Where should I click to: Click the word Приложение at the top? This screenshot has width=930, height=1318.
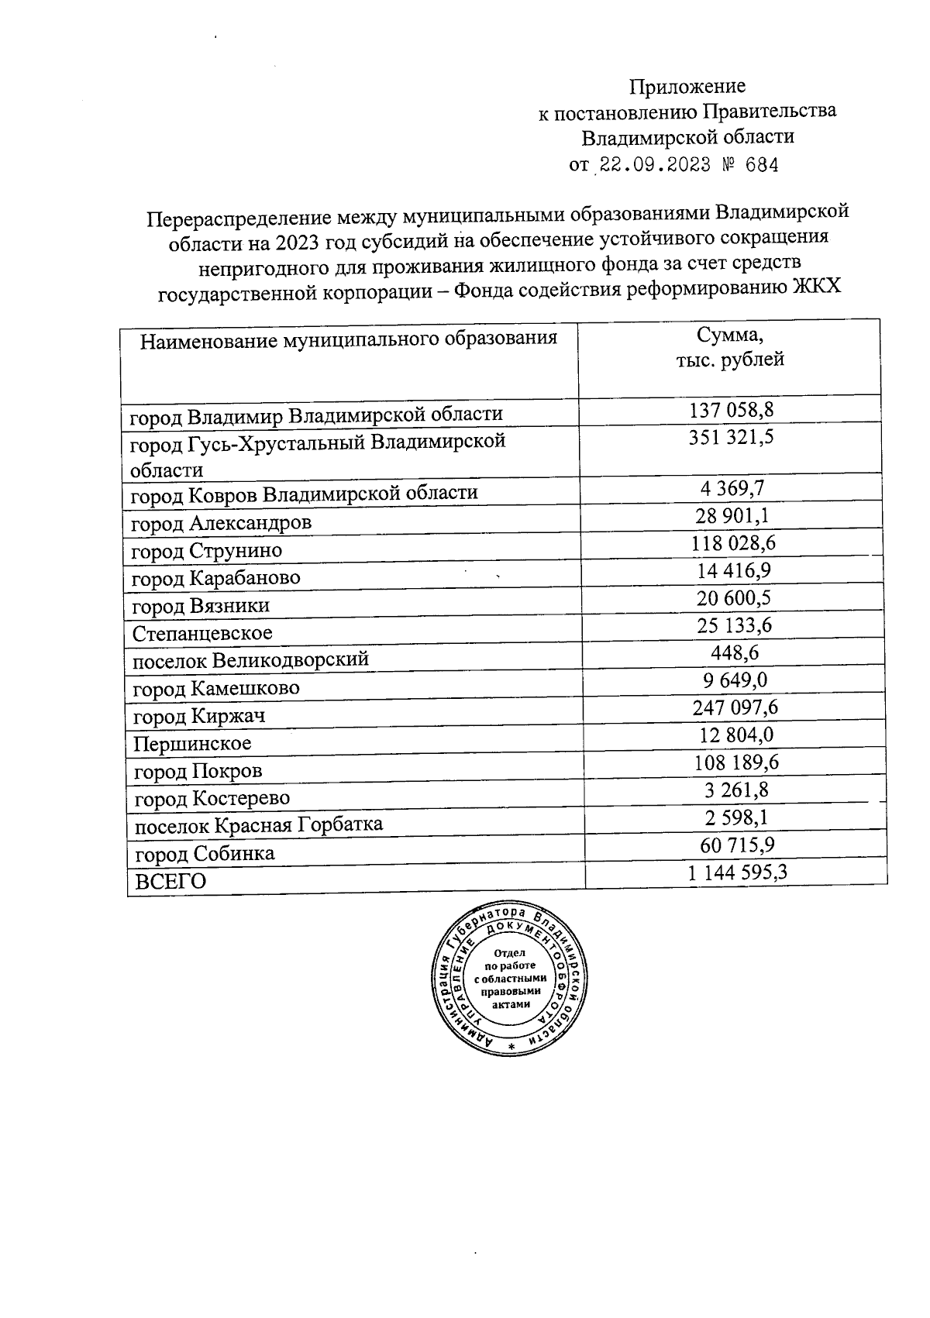pos(687,86)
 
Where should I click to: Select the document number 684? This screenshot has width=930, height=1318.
pos(759,165)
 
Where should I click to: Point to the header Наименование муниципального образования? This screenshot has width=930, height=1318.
pos(349,339)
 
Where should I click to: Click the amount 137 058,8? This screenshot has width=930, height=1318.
pos(732,408)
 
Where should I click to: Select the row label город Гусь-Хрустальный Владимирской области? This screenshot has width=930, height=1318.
pos(318,455)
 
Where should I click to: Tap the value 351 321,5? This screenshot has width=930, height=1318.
pos(732,437)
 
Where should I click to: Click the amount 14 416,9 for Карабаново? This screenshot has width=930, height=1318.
pos(733,571)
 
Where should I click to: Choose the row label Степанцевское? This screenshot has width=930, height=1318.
pos(202,633)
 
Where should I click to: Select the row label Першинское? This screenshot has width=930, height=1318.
pos(192,744)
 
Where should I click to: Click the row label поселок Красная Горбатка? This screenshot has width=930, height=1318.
pos(259,824)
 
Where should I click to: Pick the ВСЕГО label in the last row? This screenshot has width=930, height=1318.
pos(171,881)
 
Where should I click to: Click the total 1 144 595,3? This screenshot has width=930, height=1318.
pos(737,873)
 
